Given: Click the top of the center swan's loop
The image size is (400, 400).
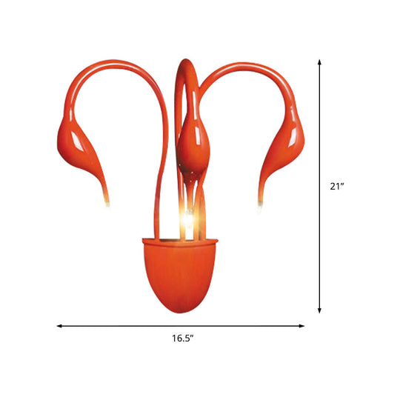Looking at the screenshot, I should coord(187,61).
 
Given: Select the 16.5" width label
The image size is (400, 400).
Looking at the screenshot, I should coord(182,338).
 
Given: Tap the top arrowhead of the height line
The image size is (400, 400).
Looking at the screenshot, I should coord(320,63).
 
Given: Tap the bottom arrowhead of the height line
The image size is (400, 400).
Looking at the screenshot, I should coord(320,312).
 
